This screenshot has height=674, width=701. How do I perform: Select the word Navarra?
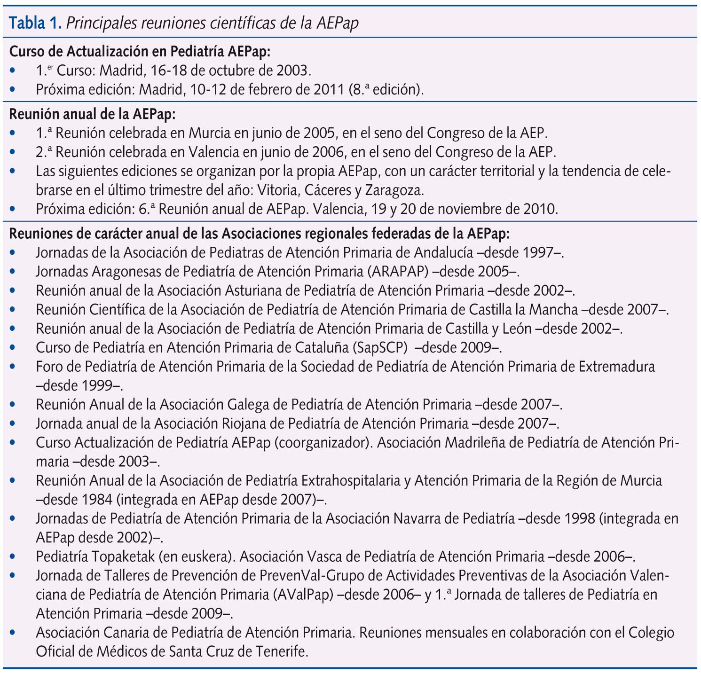click(426, 519)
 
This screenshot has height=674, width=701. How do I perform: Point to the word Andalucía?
click(443, 252)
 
